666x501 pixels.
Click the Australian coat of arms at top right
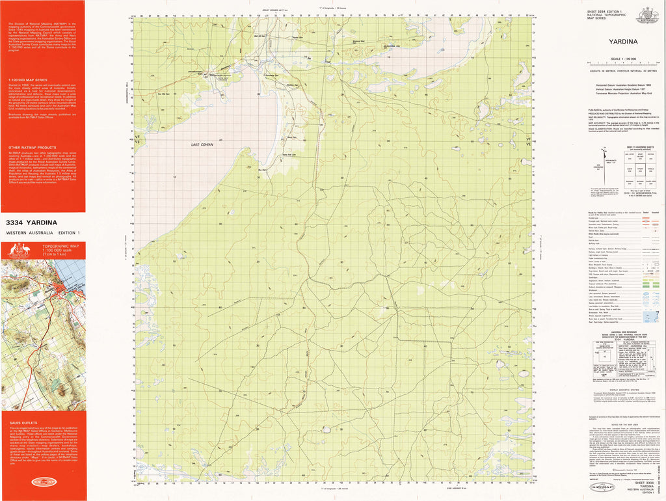tap(648, 14)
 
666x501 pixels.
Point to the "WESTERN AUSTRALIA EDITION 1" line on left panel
tap(42, 233)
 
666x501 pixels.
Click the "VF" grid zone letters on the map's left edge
tap(137, 137)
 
